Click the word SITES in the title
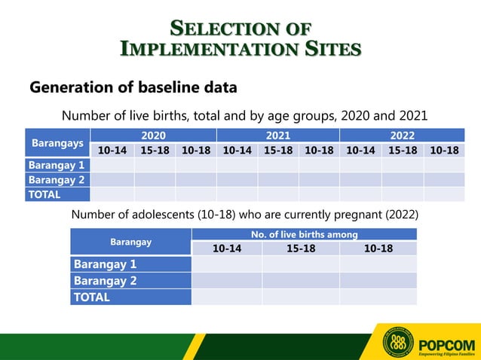327,50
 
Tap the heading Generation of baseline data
133,87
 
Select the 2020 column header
153,136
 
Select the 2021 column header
277,136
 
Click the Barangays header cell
57,142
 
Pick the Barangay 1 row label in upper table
57,165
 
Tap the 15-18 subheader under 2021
277,150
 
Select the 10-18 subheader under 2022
444,150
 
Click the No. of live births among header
305,235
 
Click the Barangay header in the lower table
130,242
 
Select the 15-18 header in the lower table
301,249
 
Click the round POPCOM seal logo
399,343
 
